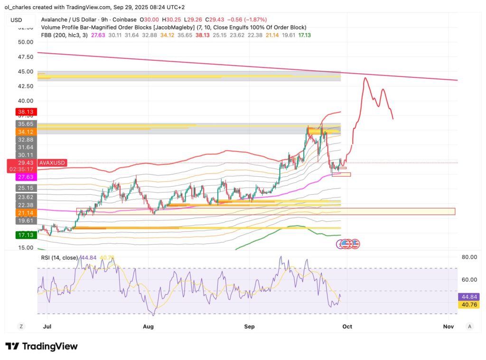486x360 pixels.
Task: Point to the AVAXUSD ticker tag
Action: click(53, 163)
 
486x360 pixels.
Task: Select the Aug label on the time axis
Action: click(149, 326)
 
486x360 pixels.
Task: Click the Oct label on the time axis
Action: click(347, 326)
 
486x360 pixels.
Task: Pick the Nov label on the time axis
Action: click(448, 326)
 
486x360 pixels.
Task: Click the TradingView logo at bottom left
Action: click(41, 346)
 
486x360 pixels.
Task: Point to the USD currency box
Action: click(17, 19)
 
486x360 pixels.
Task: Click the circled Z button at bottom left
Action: click(21, 326)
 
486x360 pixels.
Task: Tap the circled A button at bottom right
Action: click(469, 326)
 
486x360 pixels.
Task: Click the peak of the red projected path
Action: click(365, 78)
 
